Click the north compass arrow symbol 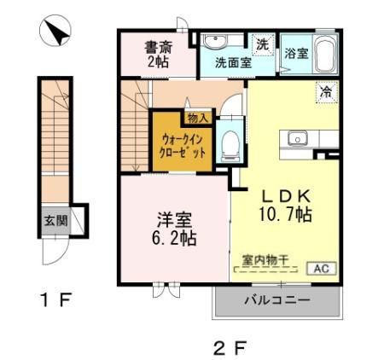[57, 33]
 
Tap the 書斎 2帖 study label [156, 54]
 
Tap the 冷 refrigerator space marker [325, 89]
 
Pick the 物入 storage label [197, 116]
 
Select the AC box [322, 268]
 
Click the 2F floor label [230, 346]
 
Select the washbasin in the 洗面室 [213, 42]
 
